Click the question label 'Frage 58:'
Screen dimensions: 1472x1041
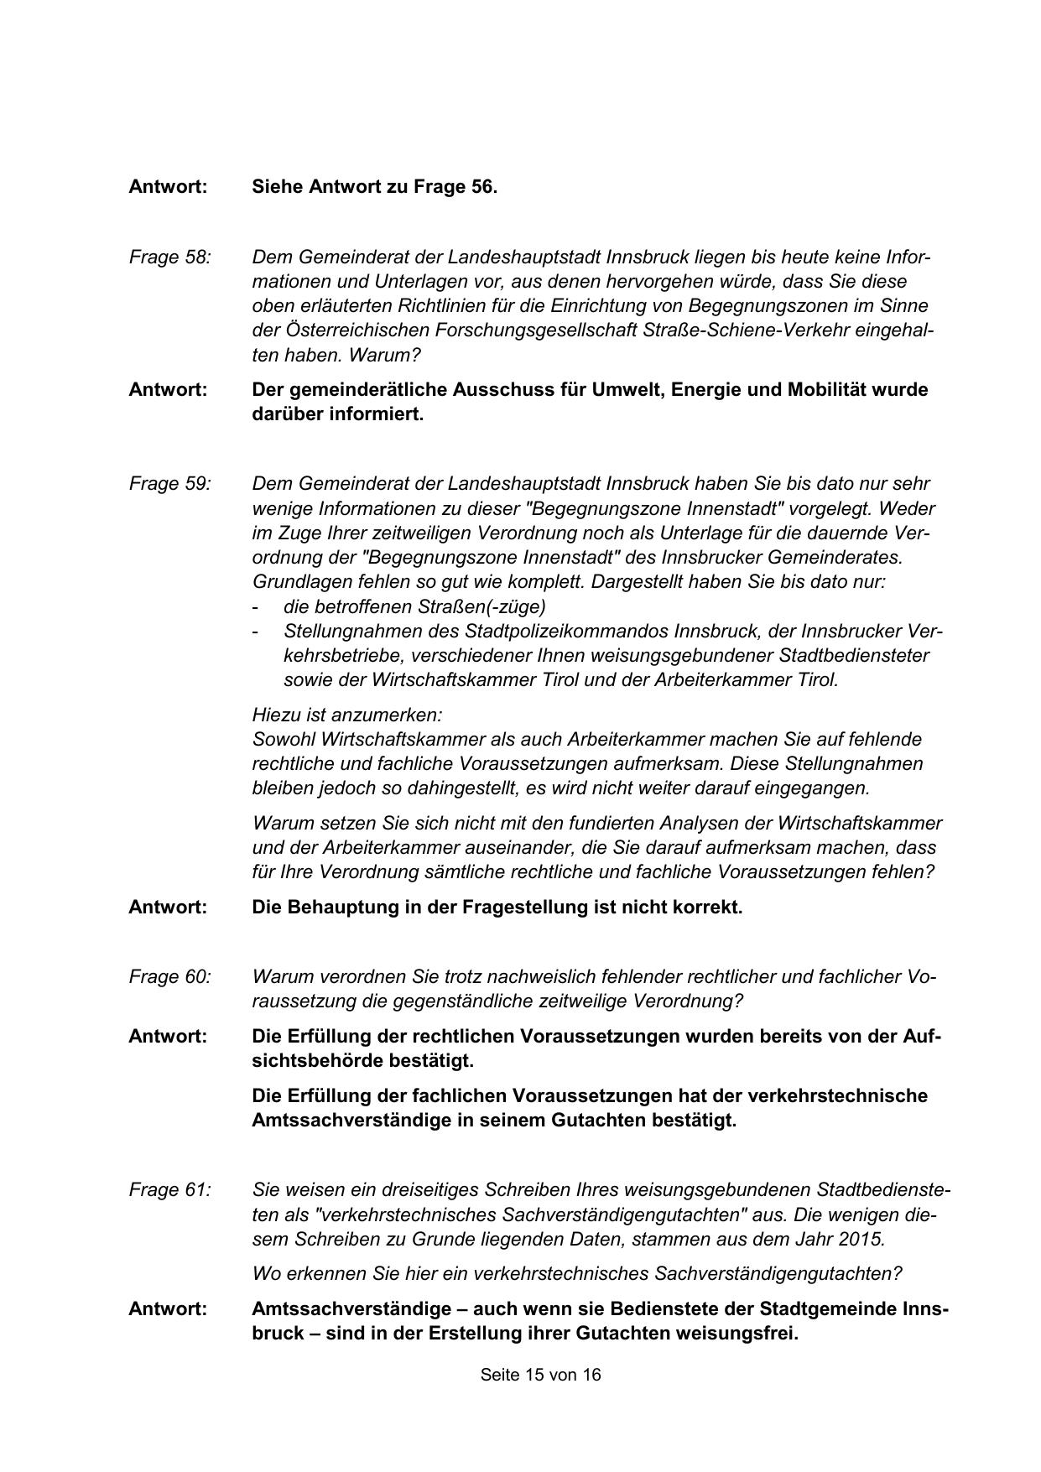tap(169, 257)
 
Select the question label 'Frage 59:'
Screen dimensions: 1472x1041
tap(169, 484)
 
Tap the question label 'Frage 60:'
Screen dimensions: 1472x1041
tap(169, 977)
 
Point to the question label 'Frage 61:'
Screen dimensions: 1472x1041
tap(169, 1190)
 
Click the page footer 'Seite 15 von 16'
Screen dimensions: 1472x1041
tap(540, 1376)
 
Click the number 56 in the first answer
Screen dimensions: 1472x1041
tap(481, 187)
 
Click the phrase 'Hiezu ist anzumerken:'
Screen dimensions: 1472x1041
tap(346, 715)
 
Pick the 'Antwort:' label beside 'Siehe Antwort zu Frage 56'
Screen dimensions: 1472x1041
tap(168, 187)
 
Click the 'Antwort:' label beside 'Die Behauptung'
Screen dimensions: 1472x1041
tap(168, 908)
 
